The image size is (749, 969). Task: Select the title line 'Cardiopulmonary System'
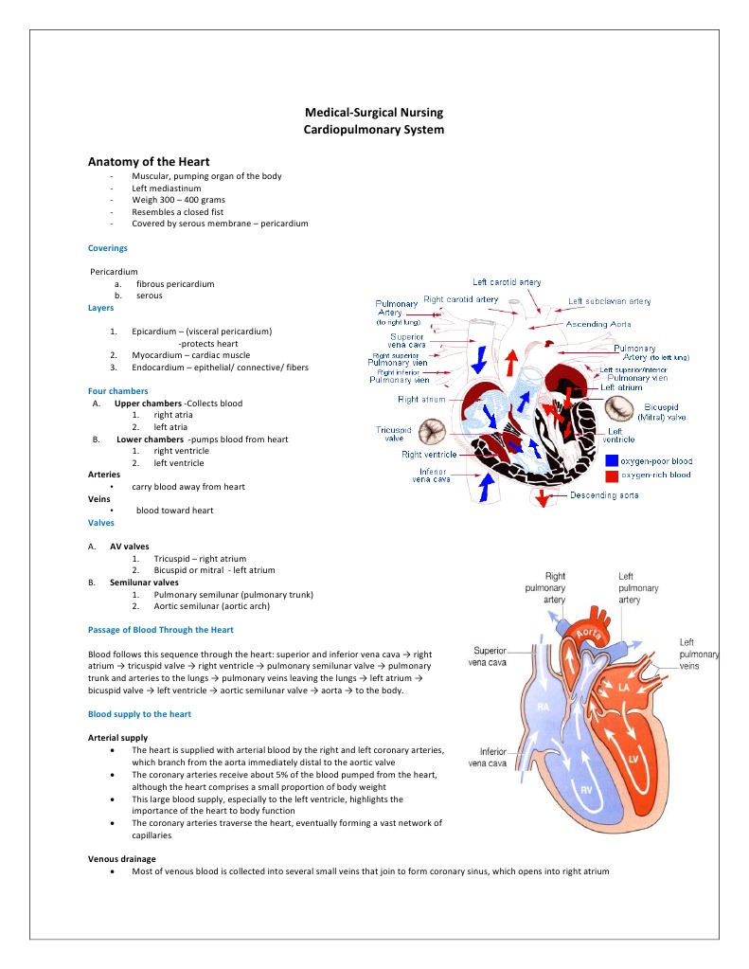click(373, 129)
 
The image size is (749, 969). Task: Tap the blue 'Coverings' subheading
click(107, 248)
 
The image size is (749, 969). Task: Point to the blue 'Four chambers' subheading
click(117, 390)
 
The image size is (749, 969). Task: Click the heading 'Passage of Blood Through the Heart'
click(161, 630)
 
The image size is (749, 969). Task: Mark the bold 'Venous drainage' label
click(122, 858)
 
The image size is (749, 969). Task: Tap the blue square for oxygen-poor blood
click(612, 461)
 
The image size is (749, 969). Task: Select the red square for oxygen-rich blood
click(612, 476)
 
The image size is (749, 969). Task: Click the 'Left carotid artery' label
click(507, 282)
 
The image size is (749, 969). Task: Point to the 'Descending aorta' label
click(603, 495)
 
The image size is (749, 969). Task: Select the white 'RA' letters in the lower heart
click(544, 707)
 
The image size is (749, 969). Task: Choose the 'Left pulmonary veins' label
click(699, 655)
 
